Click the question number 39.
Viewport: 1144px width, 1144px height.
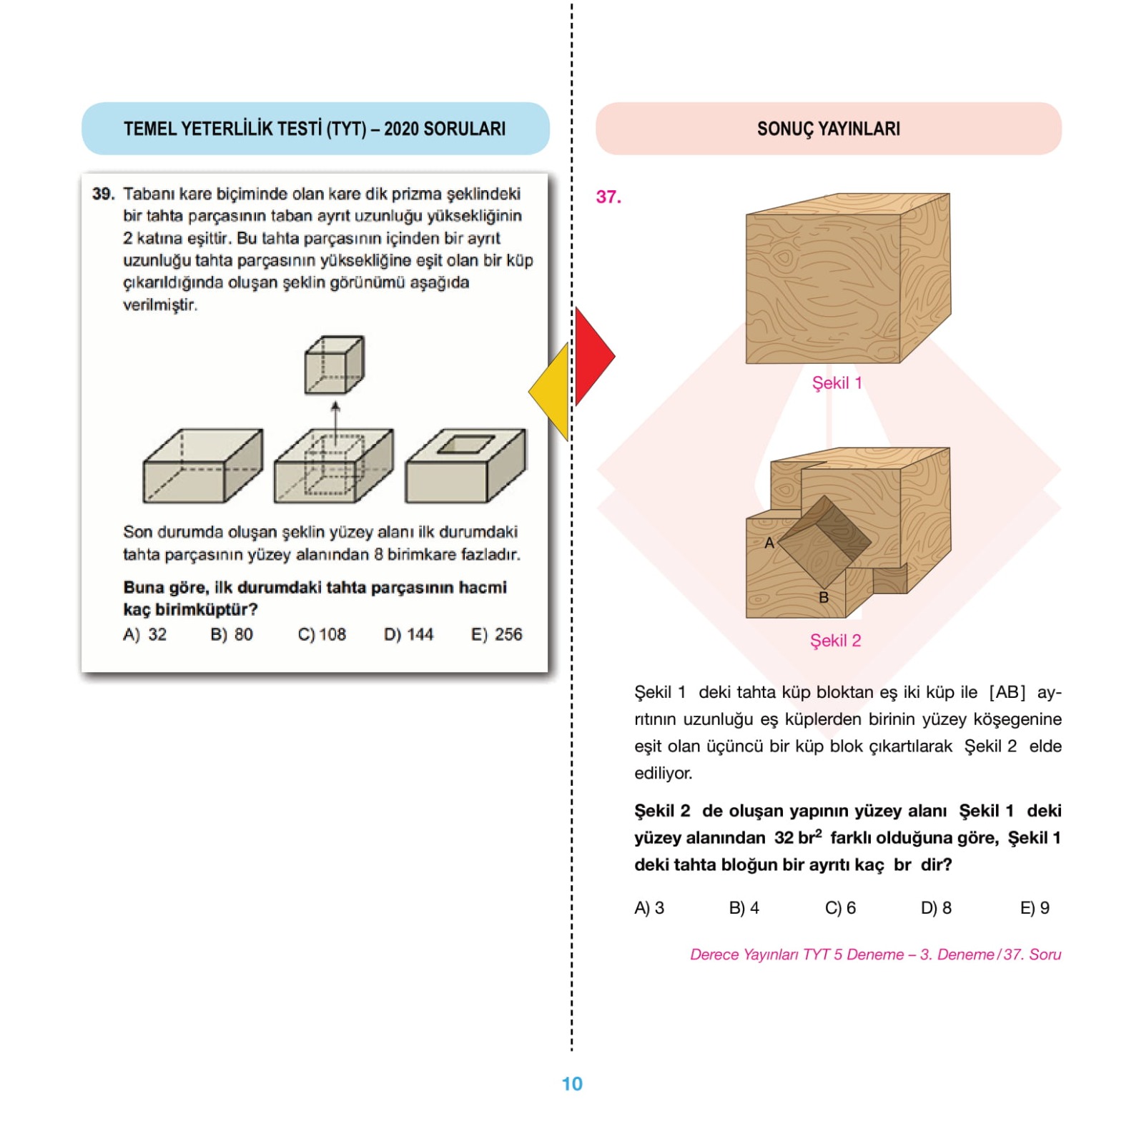103,194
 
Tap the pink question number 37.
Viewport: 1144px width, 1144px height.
608,197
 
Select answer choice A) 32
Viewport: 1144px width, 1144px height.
144,634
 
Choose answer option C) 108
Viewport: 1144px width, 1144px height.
322,634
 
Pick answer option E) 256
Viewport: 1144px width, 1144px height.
496,634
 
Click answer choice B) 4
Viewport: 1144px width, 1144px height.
744,907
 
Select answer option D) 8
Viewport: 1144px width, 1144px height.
936,907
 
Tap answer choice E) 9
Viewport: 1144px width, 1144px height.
1035,907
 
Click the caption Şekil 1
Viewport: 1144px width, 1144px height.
837,383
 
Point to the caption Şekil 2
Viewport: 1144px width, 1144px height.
835,641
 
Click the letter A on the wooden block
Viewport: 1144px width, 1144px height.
769,543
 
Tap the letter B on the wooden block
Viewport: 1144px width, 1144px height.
824,598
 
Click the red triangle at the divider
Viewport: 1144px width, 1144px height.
592,356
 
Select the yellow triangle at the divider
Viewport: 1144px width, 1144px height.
551,391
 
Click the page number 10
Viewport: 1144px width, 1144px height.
572,1084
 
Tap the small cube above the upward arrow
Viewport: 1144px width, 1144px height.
334,365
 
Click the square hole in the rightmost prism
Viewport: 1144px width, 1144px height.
465,444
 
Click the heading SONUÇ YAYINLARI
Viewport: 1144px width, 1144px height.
829,129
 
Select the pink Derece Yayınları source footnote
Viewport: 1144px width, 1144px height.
875,955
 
